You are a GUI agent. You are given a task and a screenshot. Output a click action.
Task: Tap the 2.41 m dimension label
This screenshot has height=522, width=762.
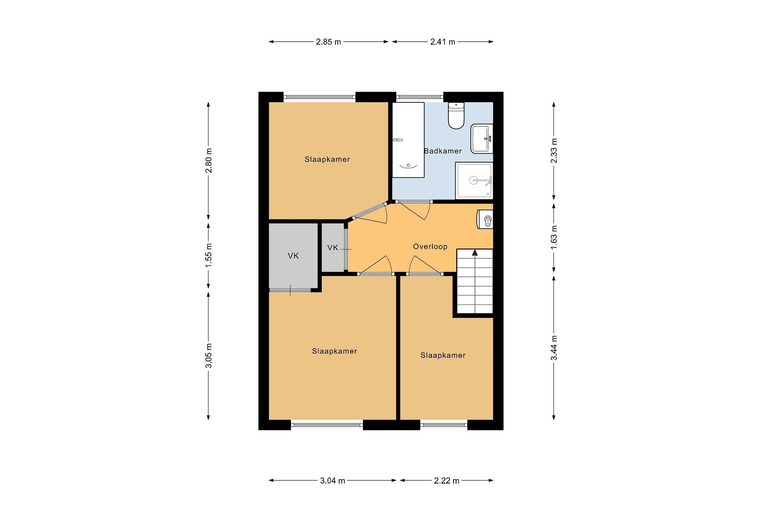coord(443,42)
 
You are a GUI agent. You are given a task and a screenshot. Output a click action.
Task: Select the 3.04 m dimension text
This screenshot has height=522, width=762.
coord(333,481)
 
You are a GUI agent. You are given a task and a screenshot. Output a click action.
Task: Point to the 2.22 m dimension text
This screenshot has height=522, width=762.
coord(447,481)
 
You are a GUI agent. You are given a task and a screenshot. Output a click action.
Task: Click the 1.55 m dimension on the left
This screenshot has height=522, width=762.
coord(208,255)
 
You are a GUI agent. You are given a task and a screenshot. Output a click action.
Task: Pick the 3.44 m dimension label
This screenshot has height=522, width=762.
coord(554,348)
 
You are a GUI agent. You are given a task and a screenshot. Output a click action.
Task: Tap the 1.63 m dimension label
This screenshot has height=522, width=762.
coord(554,237)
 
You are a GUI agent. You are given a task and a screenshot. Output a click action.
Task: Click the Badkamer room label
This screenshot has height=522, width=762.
coord(443,151)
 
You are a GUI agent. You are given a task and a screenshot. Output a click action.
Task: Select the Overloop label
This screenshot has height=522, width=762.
coord(430,246)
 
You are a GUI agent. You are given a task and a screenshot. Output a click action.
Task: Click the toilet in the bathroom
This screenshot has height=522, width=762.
coord(456,115)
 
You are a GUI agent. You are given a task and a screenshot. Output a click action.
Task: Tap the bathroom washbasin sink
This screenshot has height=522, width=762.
coord(482,139)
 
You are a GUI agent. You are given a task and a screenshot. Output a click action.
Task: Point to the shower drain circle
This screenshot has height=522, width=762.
coord(473,180)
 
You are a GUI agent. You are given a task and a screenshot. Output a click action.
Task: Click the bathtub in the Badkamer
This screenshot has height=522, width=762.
coord(408,140)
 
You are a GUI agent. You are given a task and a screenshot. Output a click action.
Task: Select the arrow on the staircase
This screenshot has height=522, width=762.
coord(475,252)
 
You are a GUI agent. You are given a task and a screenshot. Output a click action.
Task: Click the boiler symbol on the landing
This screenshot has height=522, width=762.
coord(485,219)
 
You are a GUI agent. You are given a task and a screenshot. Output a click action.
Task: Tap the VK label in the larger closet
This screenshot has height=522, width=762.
coord(293,256)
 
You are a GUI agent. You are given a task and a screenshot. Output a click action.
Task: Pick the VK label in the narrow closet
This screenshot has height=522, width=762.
coord(333,248)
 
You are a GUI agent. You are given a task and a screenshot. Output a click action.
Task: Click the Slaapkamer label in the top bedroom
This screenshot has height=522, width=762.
coord(327,159)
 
